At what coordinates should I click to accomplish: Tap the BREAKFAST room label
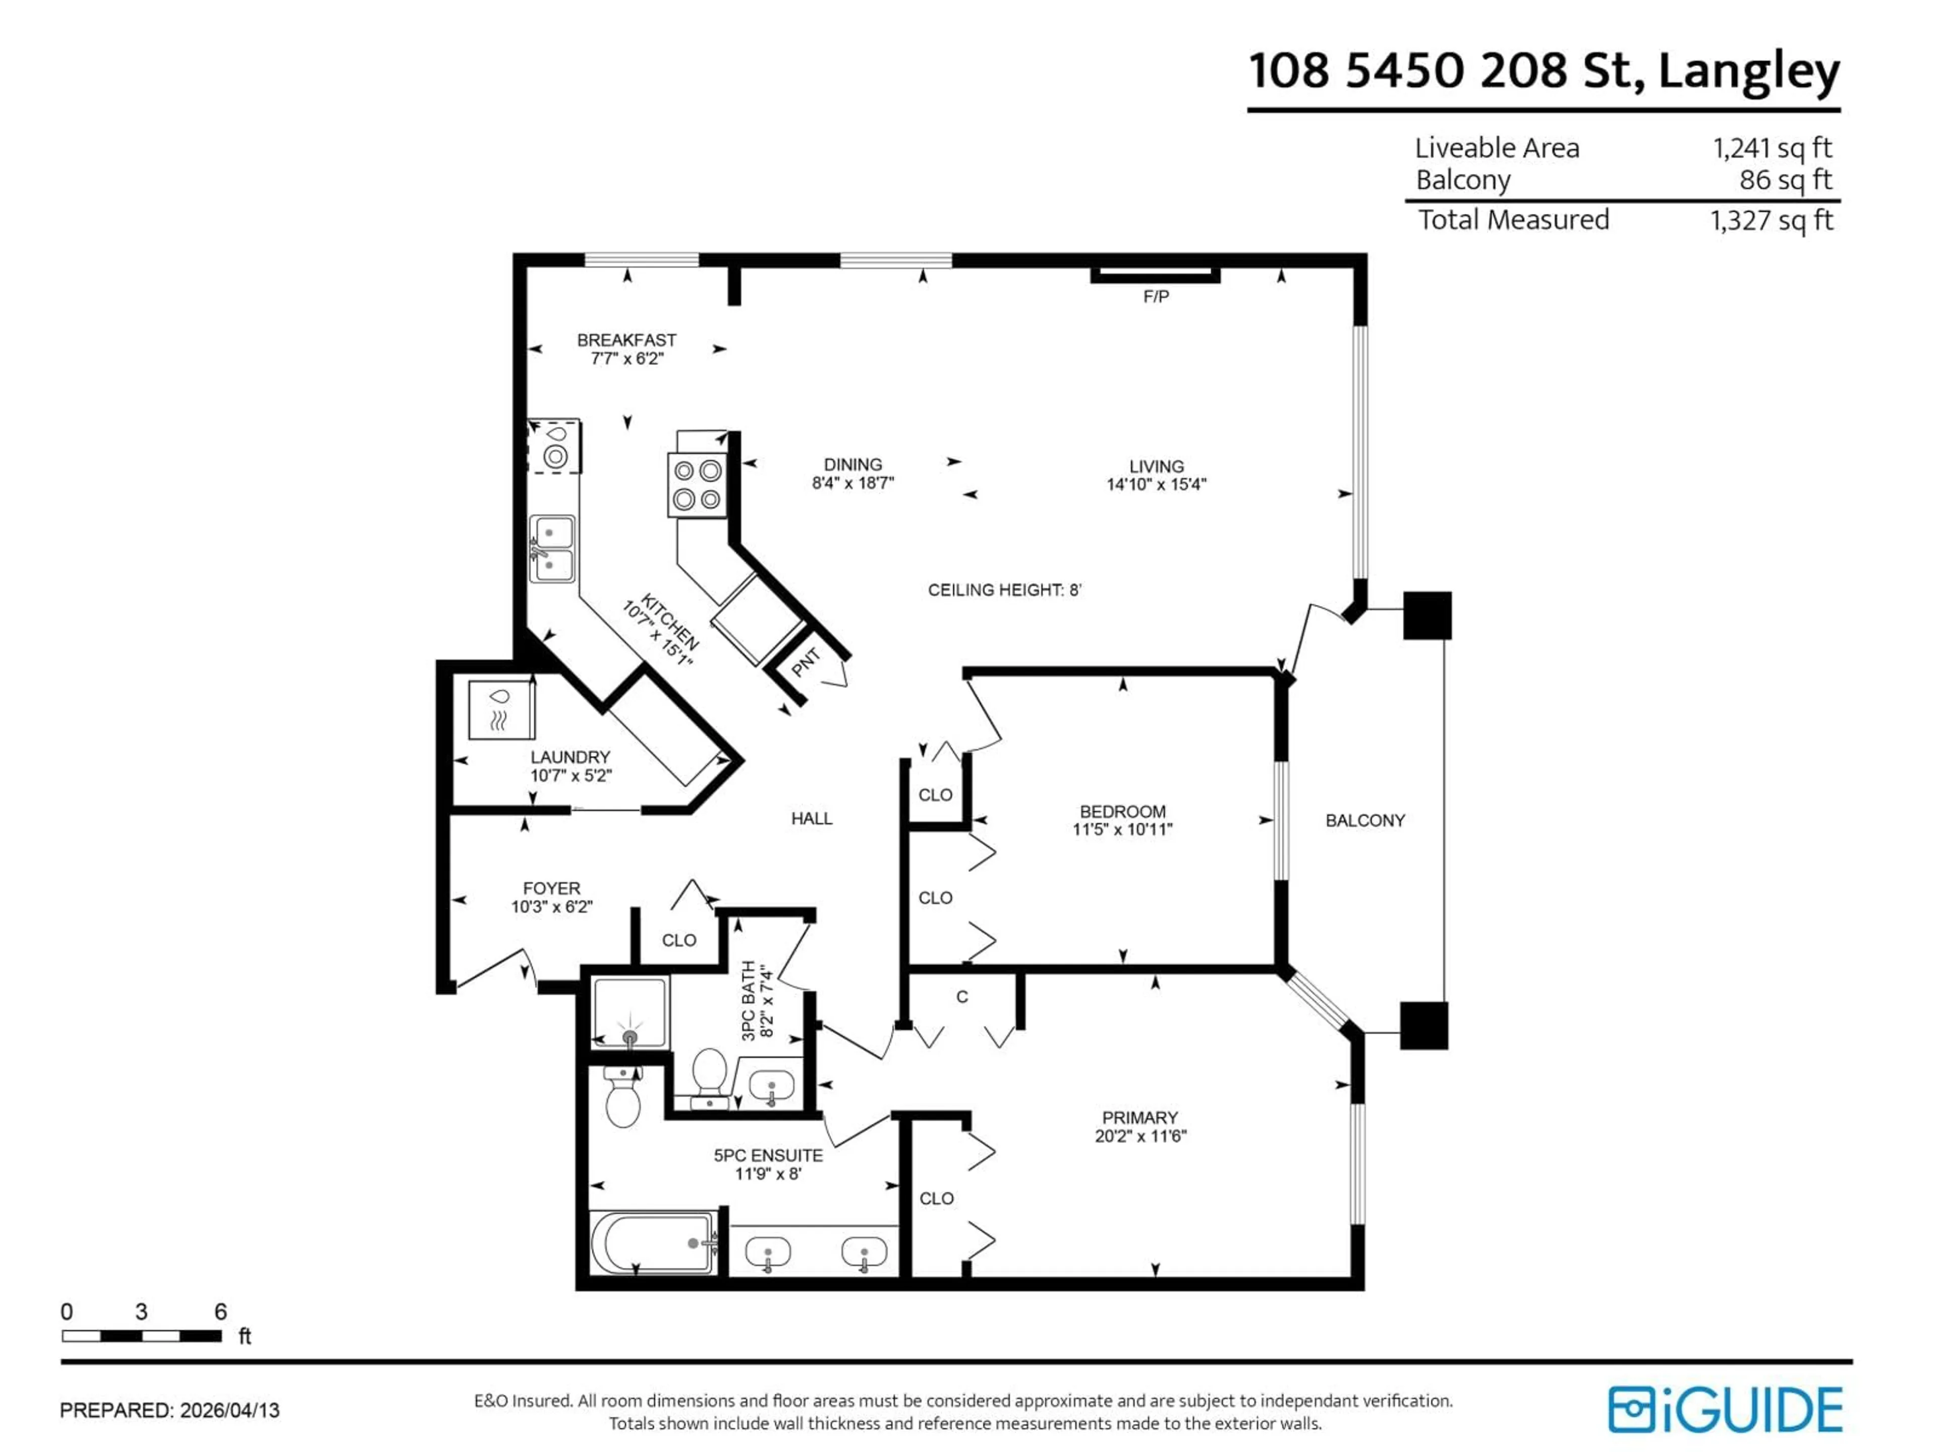tap(626, 340)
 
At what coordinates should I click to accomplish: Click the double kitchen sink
tap(552, 549)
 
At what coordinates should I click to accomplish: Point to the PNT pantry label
tap(806, 662)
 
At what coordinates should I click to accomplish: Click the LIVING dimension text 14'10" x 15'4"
tap(1156, 484)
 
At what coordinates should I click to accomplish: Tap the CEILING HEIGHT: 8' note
tap(1004, 590)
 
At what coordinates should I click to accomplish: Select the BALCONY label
tap(1364, 820)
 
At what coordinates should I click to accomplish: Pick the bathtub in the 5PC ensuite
tap(653, 1243)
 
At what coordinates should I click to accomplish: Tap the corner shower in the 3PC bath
tap(630, 1012)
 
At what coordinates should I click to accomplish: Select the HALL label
tap(811, 818)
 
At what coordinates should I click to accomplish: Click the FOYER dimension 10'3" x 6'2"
tap(552, 906)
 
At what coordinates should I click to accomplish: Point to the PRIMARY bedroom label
tap(1140, 1118)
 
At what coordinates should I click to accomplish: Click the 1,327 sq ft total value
tap(1771, 220)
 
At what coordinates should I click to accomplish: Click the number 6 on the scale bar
tap(220, 1312)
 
